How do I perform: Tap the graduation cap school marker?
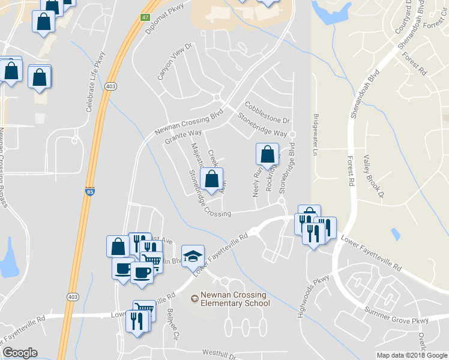193,256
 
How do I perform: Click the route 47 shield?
145,17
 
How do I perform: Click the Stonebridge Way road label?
262,124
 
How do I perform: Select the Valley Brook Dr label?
373,176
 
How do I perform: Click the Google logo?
20,353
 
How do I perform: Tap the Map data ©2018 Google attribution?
411,355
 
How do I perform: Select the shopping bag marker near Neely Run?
267,154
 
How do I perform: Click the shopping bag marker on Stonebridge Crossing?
211,179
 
